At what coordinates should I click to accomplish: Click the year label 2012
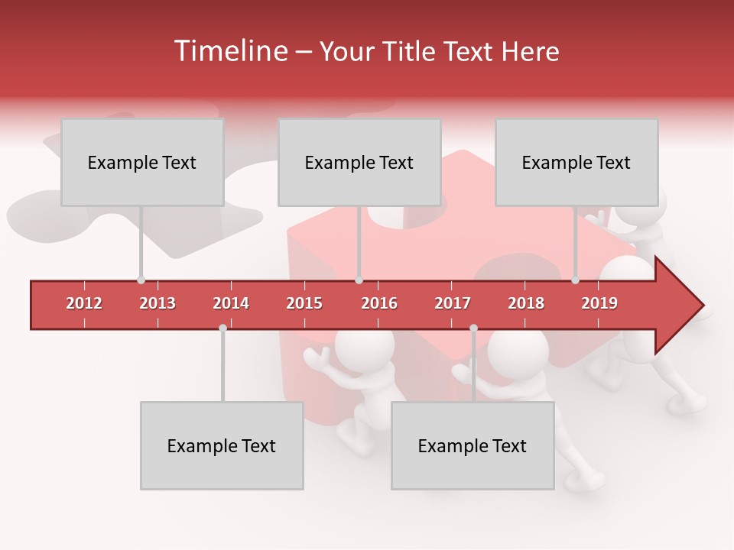84,303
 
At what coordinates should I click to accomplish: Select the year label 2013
158,303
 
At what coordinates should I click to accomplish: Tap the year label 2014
231,303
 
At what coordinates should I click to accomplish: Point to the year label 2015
304,303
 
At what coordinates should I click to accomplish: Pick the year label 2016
379,303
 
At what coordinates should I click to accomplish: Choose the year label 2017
453,303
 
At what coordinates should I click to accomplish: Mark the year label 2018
526,303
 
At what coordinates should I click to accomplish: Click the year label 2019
599,303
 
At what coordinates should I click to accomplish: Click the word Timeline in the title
229,51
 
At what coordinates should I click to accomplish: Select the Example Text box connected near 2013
142,162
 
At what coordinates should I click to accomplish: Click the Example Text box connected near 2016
359,162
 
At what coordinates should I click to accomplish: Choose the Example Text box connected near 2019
576,162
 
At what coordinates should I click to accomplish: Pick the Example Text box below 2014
222,445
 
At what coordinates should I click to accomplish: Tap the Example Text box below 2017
473,445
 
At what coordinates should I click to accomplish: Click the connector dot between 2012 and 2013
141,280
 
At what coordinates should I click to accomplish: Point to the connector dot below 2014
222,328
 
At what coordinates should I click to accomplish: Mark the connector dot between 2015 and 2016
359,280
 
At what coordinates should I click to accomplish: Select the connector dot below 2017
473,328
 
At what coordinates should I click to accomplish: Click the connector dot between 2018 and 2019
575,280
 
